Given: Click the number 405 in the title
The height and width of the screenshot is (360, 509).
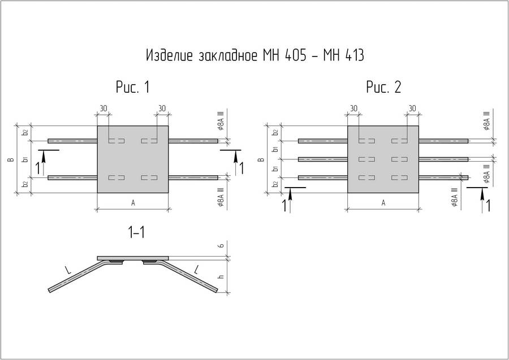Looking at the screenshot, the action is (x=295, y=55).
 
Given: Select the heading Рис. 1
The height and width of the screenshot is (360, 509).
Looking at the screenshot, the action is (x=133, y=87).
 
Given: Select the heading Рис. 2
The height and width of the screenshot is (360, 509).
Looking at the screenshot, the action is (x=383, y=87).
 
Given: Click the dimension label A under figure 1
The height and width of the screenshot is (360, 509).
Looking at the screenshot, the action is (x=133, y=203).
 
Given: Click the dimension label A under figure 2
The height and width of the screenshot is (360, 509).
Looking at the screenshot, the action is (x=383, y=203).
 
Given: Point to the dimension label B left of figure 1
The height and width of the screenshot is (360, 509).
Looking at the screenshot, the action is (x=11, y=159).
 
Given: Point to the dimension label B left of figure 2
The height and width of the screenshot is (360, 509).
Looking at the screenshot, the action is (x=262, y=159).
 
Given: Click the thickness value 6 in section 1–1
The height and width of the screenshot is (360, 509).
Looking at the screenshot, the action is (x=221, y=245).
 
